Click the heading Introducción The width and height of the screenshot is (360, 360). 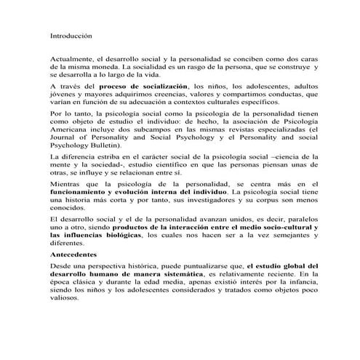72,34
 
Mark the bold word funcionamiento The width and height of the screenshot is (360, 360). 82,196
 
